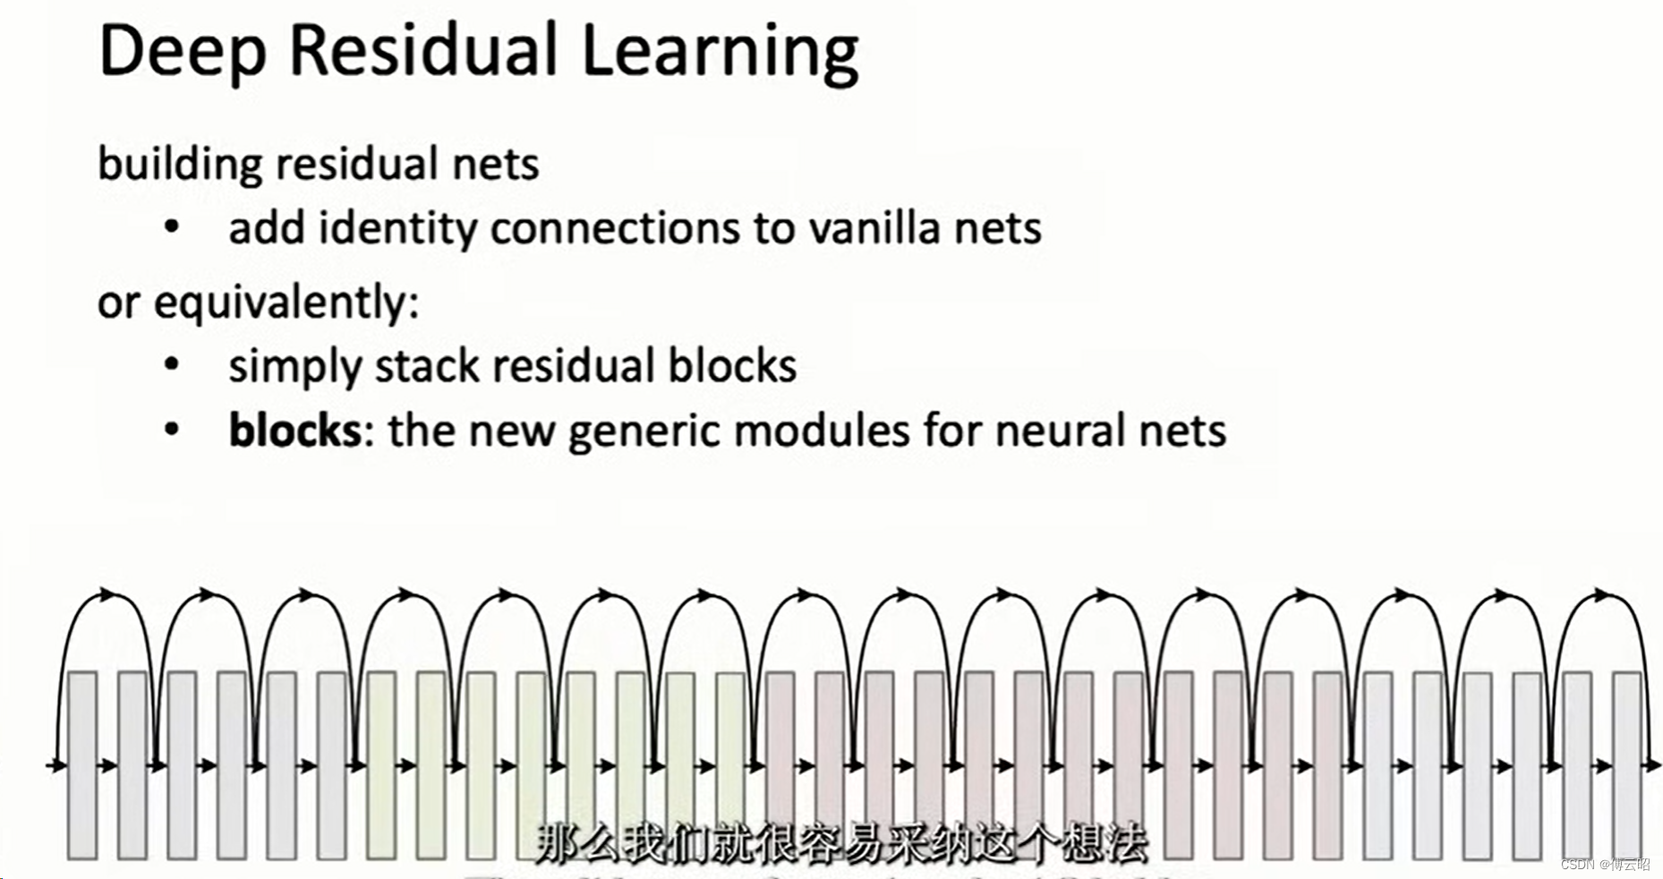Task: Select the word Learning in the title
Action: click(720, 52)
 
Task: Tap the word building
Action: click(179, 165)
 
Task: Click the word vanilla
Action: click(874, 228)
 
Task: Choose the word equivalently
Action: click(286, 303)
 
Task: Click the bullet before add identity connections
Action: click(172, 227)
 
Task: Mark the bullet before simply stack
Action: click(172, 365)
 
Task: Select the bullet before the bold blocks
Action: click(172, 430)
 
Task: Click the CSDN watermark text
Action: click(1605, 864)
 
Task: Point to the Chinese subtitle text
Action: click(841, 843)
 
